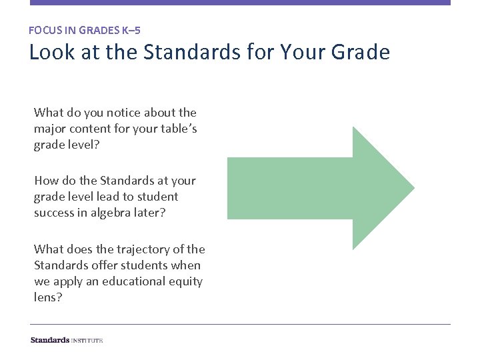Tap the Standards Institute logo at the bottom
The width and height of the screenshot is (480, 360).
click(x=67, y=340)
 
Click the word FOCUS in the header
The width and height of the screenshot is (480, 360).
click(x=43, y=30)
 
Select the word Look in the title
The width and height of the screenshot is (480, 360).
click(x=48, y=52)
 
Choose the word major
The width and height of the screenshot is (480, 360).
click(x=51, y=129)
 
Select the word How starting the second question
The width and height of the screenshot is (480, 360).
click(x=46, y=181)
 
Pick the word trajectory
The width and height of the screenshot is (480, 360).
click(x=141, y=249)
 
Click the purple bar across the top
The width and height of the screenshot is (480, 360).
click(x=240, y=3)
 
